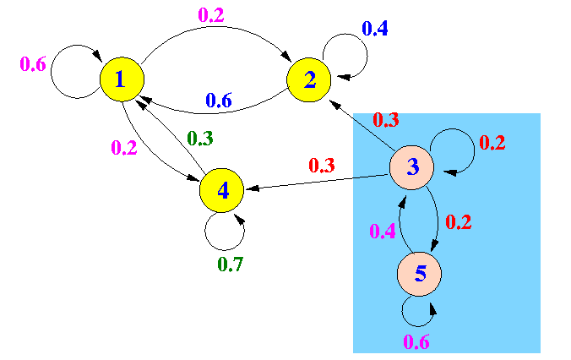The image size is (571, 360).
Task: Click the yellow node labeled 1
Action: pyautogui.click(x=122, y=79)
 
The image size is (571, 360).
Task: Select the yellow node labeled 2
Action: pyautogui.click(x=309, y=79)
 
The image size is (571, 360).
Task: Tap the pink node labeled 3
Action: pyautogui.click(x=412, y=167)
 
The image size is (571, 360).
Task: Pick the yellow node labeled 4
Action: pyautogui.click(x=221, y=190)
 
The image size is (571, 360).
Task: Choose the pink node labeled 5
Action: pyautogui.click(x=419, y=274)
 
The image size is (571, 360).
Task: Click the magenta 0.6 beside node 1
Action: pyautogui.click(x=33, y=64)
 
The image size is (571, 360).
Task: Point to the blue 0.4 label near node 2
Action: pyautogui.click(x=375, y=29)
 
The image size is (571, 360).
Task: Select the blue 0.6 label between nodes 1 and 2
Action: pyautogui.click(x=219, y=101)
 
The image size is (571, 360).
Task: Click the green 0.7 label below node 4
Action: pyautogui.click(x=230, y=265)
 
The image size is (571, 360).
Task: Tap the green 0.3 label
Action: pyautogui.click(x=200, y=139)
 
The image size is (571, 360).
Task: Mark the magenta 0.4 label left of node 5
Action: pyautogui.click(x=383, y=231)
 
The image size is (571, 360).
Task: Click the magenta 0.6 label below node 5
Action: pyautogui.click(x=416, y=342)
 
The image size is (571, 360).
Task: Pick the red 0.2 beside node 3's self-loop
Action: pyautogui.click(x=492, y=143)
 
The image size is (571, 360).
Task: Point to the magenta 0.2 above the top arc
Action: pyautogui.click(x=211, y=15)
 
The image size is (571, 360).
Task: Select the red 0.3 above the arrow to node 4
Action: pyautogui.click(x=322, y=166)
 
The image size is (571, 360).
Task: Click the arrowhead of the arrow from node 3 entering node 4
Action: pyautogui.click(x=252, y=188)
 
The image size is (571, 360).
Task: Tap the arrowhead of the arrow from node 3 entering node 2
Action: pyautogui.click(x=335, y=105)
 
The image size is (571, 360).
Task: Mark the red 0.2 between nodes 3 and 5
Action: pyautogui.click(x=459, y=222)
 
